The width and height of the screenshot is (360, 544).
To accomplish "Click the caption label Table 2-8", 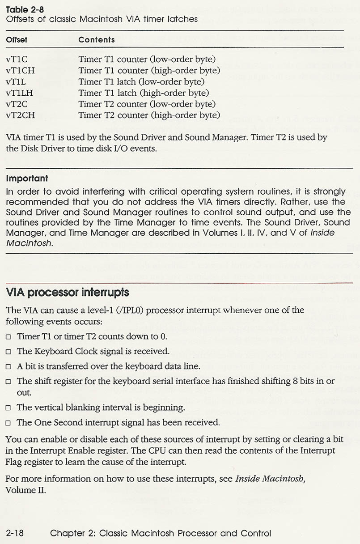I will [x=25, y=9].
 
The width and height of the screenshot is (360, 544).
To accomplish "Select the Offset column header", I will [x=17, y=40].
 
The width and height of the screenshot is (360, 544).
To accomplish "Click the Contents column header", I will [x=96, y=40].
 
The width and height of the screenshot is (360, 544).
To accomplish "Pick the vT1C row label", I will [x=17, y=59].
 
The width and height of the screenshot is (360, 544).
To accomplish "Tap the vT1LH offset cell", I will [x=21, y=93].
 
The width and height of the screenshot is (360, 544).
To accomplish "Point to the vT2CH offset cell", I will [x=21, y=115].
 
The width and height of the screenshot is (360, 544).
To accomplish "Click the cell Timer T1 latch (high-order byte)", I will [x=144, y=93].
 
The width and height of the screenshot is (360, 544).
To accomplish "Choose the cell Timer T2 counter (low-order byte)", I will [x=147, y=104].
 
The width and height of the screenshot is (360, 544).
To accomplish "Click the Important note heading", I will [x=27, y=178].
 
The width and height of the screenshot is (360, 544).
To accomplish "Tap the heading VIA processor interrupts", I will [x=68, y=293].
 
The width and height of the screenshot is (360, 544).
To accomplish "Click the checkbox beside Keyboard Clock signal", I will [x=8, y=352].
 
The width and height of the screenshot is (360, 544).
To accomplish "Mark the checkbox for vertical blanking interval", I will [x=8, y=408].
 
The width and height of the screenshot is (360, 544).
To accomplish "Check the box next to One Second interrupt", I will [x=8, y=423].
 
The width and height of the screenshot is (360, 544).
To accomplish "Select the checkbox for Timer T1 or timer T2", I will [x=8, y=337].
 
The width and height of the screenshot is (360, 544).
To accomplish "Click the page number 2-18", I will [x=15, y=533].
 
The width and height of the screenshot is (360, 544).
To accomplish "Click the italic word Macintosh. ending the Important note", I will [x=30, y=243].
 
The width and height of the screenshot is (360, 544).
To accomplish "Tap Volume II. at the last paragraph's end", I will [x=25, y=490].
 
